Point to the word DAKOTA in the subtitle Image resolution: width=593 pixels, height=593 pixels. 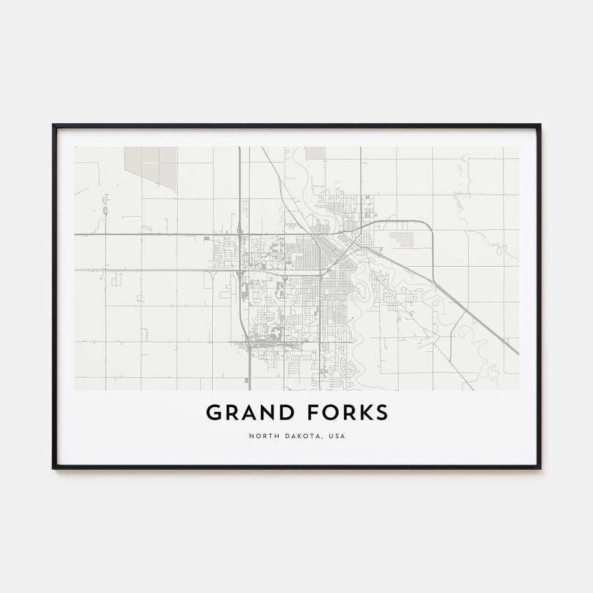point(302,436)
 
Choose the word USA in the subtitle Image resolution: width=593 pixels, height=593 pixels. point(337,436)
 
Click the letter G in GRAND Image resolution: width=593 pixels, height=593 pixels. point(214,413)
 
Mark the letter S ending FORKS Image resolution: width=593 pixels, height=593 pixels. point(381,413)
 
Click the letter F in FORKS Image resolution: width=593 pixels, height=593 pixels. point(308,413)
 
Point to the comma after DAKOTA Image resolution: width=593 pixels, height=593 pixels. point(324,438)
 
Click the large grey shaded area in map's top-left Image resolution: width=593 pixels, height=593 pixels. point(152,165)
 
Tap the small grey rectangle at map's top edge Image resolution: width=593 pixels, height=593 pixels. point(315,152)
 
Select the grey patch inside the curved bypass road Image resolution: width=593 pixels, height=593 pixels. point(401,239)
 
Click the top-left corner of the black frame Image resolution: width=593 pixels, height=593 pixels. point(54,125)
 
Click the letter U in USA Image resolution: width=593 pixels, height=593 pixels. point(330,436)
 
